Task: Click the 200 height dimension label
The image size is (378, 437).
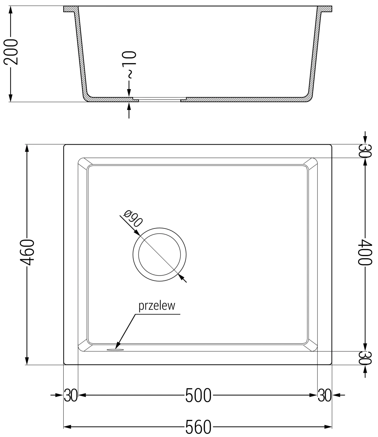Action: tap(10, 51)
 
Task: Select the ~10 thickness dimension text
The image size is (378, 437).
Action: tap(129, 65)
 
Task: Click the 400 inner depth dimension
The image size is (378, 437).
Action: tap(365, 252)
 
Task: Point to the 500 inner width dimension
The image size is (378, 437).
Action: tap(198, 395)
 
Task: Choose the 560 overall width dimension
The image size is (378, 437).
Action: tap(198, 427)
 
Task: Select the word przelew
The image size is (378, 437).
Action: tap(156, 306)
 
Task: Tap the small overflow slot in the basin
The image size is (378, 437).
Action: tap(114, 349)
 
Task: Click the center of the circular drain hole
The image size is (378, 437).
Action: tap(159, 254)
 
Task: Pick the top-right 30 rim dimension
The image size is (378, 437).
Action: tap(365, 151)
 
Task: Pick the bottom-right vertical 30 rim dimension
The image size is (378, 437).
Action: tap(365, 357)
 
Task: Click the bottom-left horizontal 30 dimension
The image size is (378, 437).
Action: tap(70, 395)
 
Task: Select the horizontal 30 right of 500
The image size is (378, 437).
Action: tap(324, 395)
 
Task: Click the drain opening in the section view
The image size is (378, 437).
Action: tap(159, 100)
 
